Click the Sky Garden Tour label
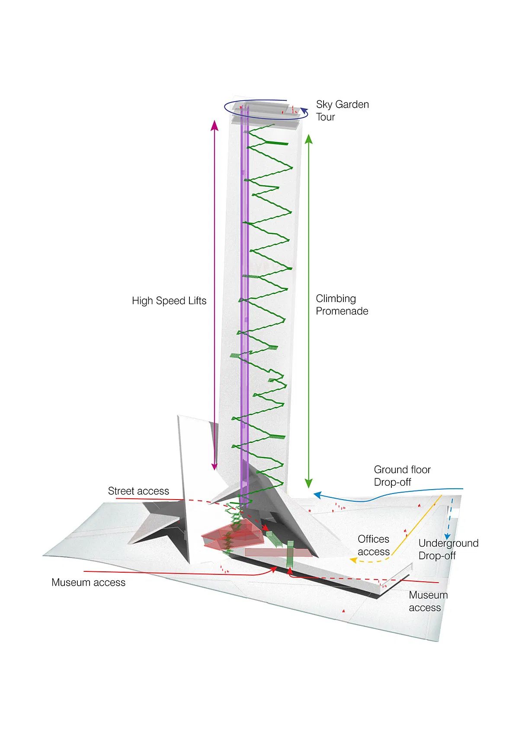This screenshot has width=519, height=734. (x=342, y=111)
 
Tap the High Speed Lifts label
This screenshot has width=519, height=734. (x=169, y=301)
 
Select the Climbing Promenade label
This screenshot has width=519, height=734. (x=342, y=305)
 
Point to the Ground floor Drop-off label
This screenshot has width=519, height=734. (x=402, y=476)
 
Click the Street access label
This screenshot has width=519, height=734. (x=138, y=491)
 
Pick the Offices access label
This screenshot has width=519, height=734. (x=373, y=545)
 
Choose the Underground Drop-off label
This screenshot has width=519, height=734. (x=449, y=549)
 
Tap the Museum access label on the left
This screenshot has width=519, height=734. (x=88, y=583)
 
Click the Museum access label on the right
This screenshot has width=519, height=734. (x=428, y=601)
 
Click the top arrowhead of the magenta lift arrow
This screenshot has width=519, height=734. (x=214, y=125)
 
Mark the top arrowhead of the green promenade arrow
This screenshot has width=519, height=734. (x=308, y=138)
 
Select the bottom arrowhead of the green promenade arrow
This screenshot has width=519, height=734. (x=308, y=484)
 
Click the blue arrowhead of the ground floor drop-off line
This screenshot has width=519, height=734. (x=317, y=495)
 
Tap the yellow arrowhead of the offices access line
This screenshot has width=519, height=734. (x=353, y=561)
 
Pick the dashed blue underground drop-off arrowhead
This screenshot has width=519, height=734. (x=448, y=537)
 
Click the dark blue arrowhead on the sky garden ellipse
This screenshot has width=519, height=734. (x=304, y=110)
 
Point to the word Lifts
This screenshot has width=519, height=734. (x=197, y=301)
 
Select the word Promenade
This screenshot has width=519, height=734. (x=342, y=311)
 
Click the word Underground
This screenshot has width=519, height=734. (x=449, y=543)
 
